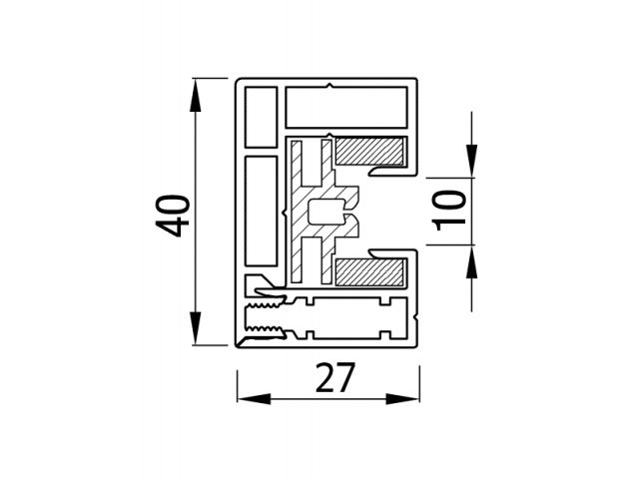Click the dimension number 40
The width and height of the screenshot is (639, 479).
click(x=173, y=217)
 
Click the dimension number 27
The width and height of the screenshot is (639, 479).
click(x=335, y=377)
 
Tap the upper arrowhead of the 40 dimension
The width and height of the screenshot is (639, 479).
click(x=196, y=95)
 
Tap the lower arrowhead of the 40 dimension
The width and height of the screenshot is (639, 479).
click(x=196, y=328)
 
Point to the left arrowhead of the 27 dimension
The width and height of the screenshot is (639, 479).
click(x=254, y=399)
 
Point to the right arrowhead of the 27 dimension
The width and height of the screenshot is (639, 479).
click(x=402, y=399)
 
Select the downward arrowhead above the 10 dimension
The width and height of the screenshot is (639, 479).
click(x=472, y=162)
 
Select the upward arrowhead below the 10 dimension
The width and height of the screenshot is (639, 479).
click(x=472, y=261)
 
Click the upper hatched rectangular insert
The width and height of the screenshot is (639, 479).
click(x=370, y=151)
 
